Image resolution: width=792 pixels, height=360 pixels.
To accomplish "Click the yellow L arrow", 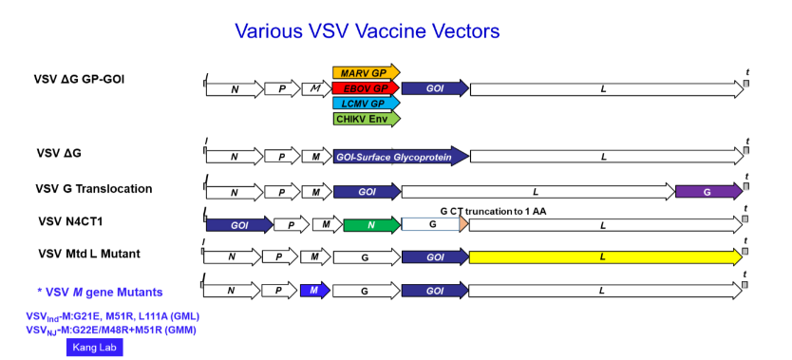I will (x=605, y=256).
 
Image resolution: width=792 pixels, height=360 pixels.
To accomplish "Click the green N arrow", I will (x=371, y=225).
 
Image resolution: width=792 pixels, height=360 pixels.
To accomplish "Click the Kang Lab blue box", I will (x=95, y=348).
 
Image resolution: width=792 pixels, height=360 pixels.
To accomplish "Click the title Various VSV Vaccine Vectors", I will (x=368, y=31).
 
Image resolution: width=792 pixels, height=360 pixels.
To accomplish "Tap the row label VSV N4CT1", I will (x=75, y=221).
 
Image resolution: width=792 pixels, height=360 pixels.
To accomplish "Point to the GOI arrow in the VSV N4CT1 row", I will (x=238, y=225).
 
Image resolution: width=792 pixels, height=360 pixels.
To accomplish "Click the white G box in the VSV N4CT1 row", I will (x=432, y=225).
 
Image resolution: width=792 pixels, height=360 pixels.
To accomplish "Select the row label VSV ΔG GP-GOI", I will (x=92, y=78).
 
